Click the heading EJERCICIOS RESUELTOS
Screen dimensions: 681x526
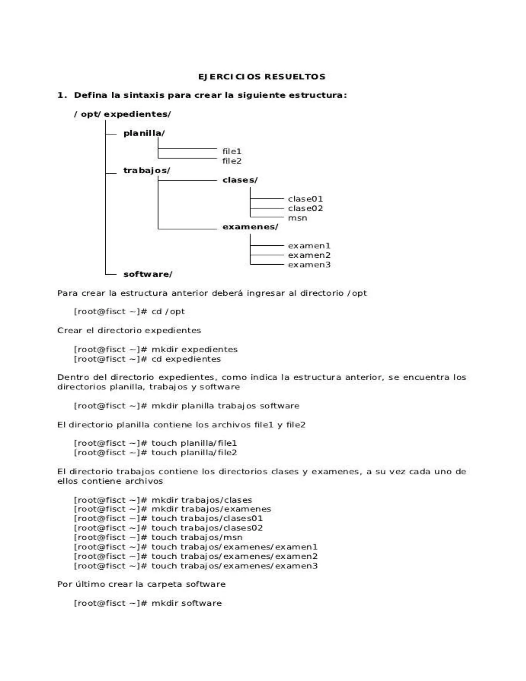[262, 77]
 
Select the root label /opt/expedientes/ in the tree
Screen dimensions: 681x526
[123, 114]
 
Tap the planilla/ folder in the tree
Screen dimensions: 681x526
[144, 133]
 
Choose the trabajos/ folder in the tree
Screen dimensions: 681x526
[147, 171]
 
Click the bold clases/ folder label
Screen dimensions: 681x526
[240, 180]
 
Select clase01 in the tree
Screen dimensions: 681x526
[305, 199]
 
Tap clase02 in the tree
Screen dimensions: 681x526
[305, 208]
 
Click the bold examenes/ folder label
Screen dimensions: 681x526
[250, 227]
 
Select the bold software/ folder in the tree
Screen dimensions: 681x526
[148, 274]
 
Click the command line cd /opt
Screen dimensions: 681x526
[168, 311]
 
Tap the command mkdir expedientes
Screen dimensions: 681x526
[194, 349]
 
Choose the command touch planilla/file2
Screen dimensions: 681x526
[194, 453]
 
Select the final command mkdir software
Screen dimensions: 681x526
[187, 603]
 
